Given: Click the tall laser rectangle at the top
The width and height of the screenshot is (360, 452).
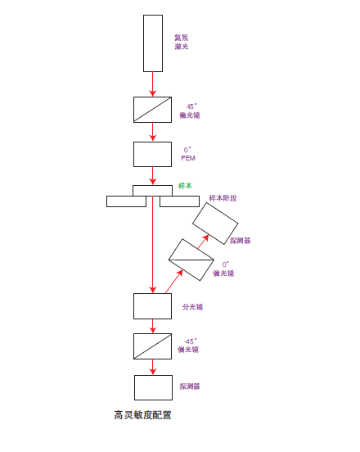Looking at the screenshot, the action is [x=153, y=43].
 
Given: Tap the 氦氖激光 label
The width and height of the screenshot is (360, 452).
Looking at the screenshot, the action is [x=182, y=42].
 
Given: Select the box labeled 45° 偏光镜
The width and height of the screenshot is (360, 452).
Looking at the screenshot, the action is [x=153, y=110].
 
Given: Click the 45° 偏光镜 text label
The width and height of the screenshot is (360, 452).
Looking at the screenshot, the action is [x=190, y=111].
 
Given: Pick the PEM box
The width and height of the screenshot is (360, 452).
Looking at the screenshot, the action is [x=153, y=154].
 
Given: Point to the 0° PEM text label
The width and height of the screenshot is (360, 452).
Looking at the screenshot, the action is [x=188, y=154].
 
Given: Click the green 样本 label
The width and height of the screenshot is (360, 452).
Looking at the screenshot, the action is [x=185, y=186].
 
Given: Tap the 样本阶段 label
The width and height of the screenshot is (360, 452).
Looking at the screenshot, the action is [x=223, y=198].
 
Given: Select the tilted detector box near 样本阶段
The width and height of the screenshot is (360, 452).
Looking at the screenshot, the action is [x=215, y=224].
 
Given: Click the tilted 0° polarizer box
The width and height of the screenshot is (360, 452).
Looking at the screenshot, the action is [x=191, y=260].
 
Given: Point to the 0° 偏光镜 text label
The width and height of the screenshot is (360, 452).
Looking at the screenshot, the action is [x=223, y=269].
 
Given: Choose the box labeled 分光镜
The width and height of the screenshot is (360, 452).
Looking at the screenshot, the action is [x=153, y=306].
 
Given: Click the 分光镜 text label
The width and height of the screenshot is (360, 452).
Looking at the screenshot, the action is [x=192, y=307].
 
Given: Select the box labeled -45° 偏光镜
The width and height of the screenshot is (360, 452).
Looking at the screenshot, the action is [x=153, y=346].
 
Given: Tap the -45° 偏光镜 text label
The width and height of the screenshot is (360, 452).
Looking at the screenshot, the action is [x=188, y=346].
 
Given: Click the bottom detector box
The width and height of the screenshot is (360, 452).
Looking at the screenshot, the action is [x=154, y=387].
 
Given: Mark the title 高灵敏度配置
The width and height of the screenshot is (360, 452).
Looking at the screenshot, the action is [x=143, y=415].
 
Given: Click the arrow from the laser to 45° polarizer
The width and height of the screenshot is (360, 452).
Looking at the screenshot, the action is [x=153, y=84].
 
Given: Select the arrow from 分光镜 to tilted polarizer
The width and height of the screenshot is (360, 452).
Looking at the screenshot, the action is [x=174, y=282].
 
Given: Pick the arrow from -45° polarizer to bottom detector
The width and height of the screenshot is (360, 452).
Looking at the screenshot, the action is [x=153, y=367].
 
